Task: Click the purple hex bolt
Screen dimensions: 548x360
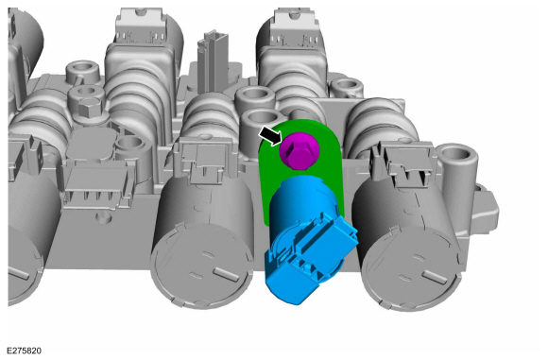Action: [300, 150]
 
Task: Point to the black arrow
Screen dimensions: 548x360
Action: [270, 135]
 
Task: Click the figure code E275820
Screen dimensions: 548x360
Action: [25, 351]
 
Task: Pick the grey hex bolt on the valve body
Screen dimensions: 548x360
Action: [89, 107]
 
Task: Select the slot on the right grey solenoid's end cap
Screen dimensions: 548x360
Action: [435, 277]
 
